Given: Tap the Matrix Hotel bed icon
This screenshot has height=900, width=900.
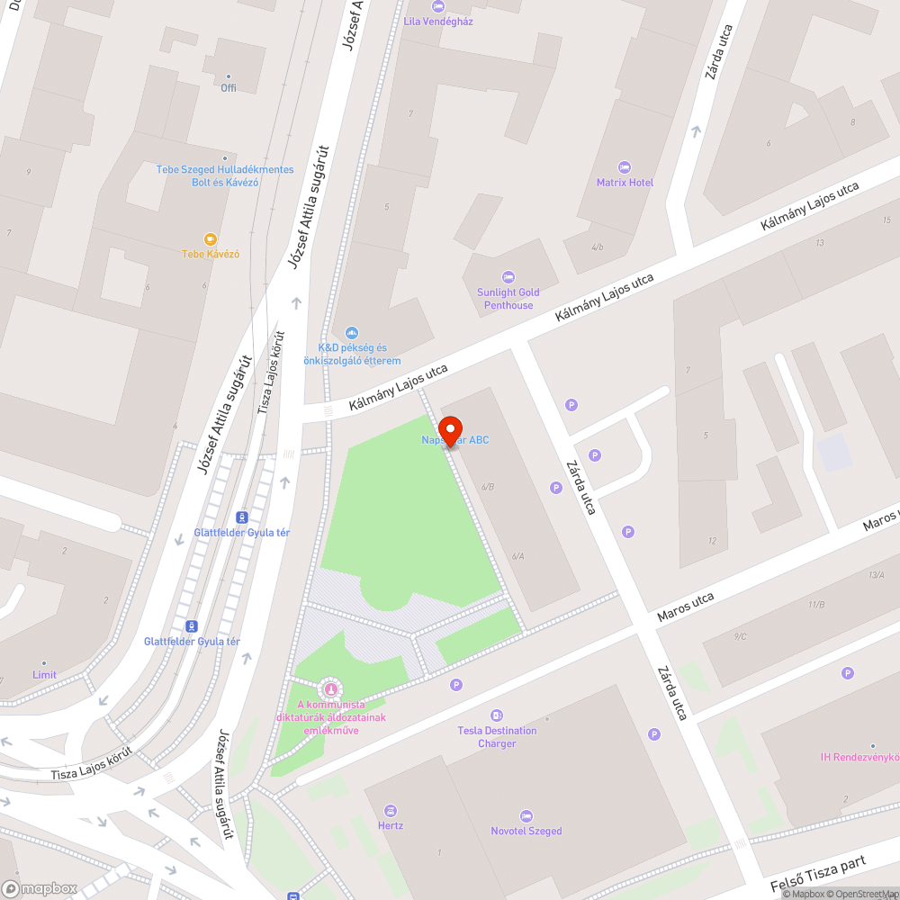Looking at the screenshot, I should pyautogui.click(x=625, y=167).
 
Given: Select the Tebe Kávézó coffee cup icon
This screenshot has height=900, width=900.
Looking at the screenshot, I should pyautogui.click(x=211, y=239).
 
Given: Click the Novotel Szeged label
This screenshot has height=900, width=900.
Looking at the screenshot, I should pyautogui.click(x=526, y=831).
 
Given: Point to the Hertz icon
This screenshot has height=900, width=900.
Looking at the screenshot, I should pyautogui.click(x=391, y=810).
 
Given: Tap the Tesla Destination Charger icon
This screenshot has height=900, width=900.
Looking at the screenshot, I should pyautogui.click(x=497, y=715).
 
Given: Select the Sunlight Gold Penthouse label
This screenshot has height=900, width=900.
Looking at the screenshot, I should pyautogui.click(x=508, y=299).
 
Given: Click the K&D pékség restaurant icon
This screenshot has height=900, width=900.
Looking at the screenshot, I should pyautogui.click(x=351, y=333).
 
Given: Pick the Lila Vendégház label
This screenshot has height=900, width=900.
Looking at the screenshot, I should pyautogui.click(x=438, y=21).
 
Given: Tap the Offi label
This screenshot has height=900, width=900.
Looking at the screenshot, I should pyautogui.click(x=229, y=87).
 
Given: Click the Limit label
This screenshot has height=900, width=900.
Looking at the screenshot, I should pyautogui.click(x=44, y=675).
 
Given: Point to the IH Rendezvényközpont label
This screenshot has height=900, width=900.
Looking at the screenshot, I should pyautogui.click(x=859, y=757).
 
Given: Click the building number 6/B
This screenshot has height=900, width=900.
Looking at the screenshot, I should pyautogui.click(x=488, y=486).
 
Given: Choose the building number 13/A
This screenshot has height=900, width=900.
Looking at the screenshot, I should pyautogui.click(x=876, y=575).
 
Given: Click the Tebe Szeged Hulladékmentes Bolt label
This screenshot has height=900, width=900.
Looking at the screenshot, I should pyautogui.click(x=225, y=175).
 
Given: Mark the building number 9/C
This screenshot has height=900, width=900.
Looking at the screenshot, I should pyautogui.click(x=740, y=637).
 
